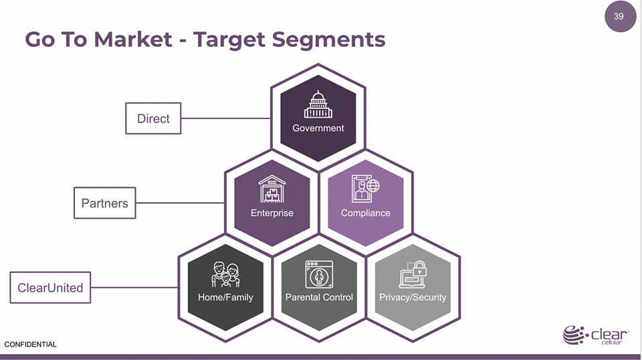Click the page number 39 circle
619,16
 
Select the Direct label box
153,118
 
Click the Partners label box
104,203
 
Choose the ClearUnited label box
50,288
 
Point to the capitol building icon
318,105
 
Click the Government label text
318,128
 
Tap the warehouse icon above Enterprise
272,189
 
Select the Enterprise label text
272,213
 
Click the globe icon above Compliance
372,184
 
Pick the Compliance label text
365,213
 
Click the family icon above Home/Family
225,274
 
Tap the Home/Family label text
225,297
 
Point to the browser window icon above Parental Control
318,274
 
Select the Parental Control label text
319,297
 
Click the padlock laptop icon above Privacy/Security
413,274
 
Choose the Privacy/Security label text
413,297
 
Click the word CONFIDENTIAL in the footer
31,345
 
